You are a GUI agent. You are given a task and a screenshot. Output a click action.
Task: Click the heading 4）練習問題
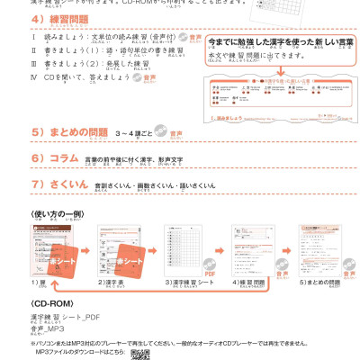[x=64, y=20]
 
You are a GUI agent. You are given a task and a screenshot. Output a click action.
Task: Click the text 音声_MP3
[x=47, y=329]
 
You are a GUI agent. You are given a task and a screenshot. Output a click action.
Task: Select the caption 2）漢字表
[x=111, y=283]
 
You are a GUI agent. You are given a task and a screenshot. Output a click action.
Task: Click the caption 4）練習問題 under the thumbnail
[x=254, y=283]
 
